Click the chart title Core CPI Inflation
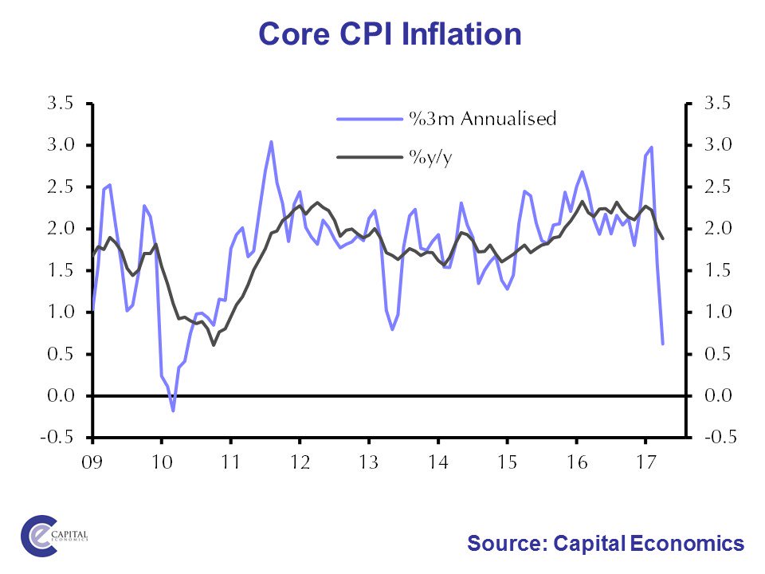pyautogui.click(x=390, y=34)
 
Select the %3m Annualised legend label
pyautogui.click(x=482, y=119)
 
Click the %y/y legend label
pyautogui.click(x=430, y=157)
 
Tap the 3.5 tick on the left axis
pyautogui.click(x=61, y=103)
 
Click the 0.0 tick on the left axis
pyautogui.click(x=61, y=395)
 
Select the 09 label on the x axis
pyautogui.click(x=92, y=460)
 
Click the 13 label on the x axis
pyautogui.click(x=367, y=460)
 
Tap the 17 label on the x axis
pyautogui.click(x=642, y=460)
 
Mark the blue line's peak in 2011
pyautogui.click(x=271, y=142)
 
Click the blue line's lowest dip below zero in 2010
pyautogui.click(x=173, y=411)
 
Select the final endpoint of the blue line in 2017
pyautogui.click(x=663, y=344)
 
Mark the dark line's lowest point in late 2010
pyautogui.click(x=214, y=344)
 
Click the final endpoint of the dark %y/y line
pyautogui.click(x=663, y=238)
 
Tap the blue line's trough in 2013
pyautogui.click(x=392, y=329)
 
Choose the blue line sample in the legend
pyautogui.click(x=369, y=119)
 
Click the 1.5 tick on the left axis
pyautogui.click(x=61, y=270)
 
